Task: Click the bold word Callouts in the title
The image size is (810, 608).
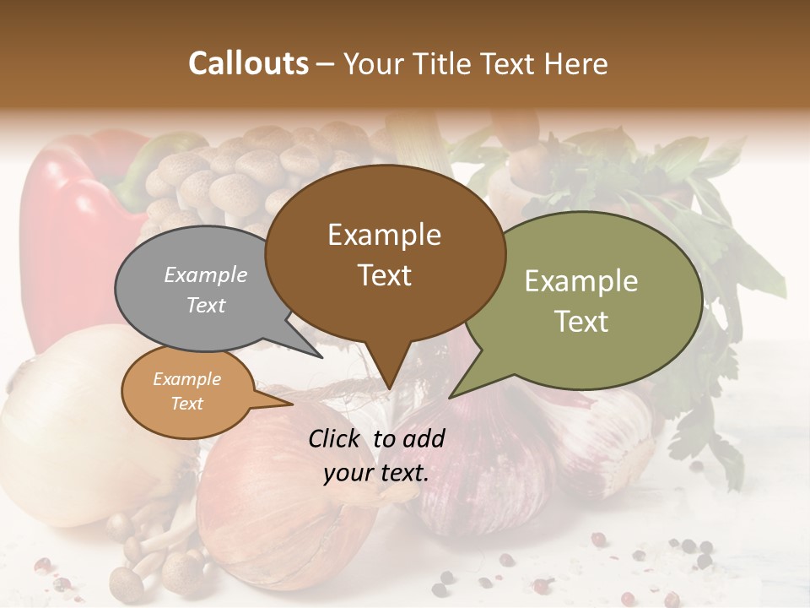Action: [248, 63]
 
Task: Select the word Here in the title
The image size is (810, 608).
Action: [576, 64]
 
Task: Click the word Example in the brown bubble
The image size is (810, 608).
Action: [384, 235]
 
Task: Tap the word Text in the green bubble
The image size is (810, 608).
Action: [580, 322]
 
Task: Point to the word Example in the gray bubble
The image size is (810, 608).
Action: [205, 275]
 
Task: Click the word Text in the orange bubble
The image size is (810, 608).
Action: [186, 404]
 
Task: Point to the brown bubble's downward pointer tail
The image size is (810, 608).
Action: [388, 372]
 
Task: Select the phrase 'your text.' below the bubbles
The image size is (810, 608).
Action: [376, 473]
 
